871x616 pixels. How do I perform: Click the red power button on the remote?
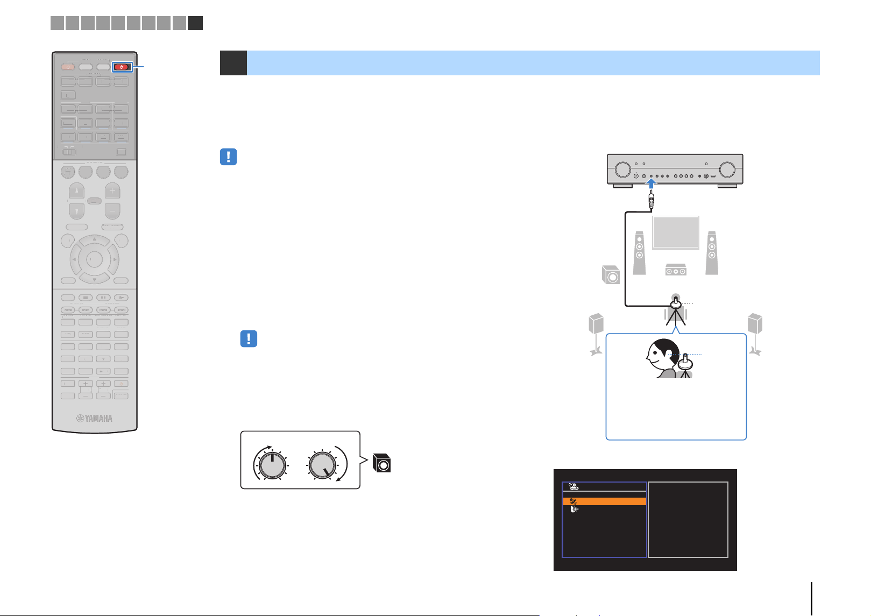122,67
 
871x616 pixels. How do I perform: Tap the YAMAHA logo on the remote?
95,419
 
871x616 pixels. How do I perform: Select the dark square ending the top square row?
195,23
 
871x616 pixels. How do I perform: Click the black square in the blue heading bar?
233,62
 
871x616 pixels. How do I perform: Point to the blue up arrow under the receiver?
652,183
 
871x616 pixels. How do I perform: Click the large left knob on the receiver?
622,169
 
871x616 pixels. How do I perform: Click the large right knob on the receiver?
727,169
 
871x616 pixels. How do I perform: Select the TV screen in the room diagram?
676,232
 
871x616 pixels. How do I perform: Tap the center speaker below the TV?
676,270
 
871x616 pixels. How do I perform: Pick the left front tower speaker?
639,253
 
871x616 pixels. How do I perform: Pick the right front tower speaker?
712,253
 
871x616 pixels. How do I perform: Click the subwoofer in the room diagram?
611,275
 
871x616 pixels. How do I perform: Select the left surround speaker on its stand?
596,334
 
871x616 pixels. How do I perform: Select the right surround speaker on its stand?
755,334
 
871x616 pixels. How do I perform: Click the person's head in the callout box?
663,355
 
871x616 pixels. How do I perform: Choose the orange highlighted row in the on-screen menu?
605,501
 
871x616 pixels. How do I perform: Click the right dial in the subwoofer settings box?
322,465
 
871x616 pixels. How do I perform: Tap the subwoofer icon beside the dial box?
381,463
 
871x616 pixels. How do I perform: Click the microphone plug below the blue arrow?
652,200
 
